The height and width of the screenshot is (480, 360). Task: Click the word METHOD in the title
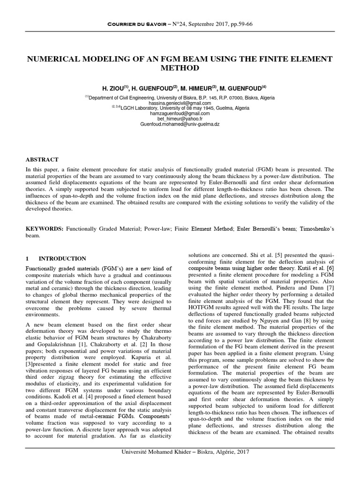tap(180, 68)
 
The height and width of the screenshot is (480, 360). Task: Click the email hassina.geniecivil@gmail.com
tap(180, 103)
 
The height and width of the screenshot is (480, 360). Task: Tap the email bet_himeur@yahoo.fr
tap(180, 119)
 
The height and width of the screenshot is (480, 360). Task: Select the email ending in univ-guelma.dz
tap(180, 125)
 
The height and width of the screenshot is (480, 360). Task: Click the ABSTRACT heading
tap(42, 160)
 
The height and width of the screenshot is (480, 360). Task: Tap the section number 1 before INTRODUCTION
tap(28, 258)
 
